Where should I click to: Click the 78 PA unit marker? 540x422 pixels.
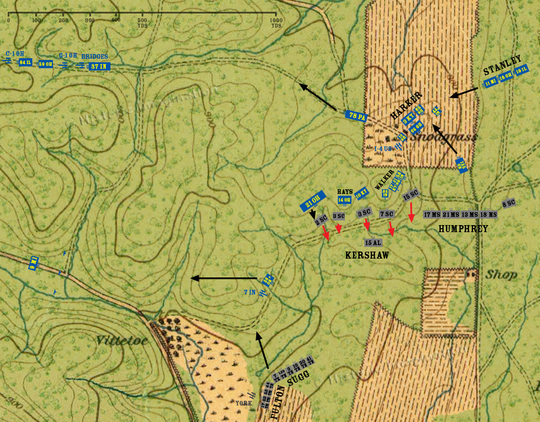tap(357, 116)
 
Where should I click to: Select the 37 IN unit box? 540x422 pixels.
tap(99, 66)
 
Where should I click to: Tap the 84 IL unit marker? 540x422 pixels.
tap(25, 62)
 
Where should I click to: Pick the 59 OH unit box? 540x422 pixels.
tap(46, 64)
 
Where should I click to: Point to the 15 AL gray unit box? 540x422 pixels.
tap(373, 242)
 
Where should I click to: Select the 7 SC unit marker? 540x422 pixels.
tap(386, 213)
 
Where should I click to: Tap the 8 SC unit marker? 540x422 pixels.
tap(509, 205)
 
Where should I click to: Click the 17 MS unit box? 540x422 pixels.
tap(432, 215)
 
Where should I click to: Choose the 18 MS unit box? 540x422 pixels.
tap(488, 215)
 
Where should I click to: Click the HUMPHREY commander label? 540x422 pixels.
tap(463, 229)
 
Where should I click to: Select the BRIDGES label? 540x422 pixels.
tap(95, 56)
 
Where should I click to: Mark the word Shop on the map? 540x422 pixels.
tap(501, 274)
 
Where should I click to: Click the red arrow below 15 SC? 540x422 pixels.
tap(412, 211)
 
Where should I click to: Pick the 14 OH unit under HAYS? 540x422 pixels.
tap(344, 200)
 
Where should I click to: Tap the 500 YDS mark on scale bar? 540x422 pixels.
tap(143, 23)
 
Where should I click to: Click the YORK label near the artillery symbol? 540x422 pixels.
tap(243, 403)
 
